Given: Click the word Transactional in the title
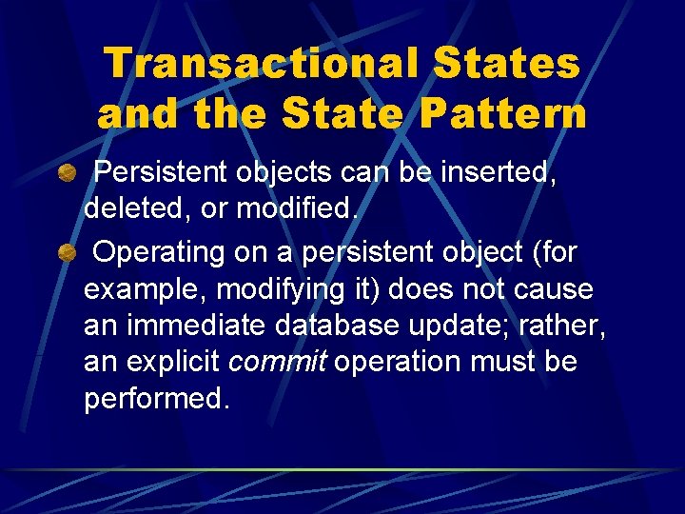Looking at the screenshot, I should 262,64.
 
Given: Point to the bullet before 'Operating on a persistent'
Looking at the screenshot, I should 66,253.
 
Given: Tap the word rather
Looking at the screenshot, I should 564,326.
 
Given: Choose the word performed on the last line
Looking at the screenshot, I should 156,399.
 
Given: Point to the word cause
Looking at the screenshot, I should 552,290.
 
